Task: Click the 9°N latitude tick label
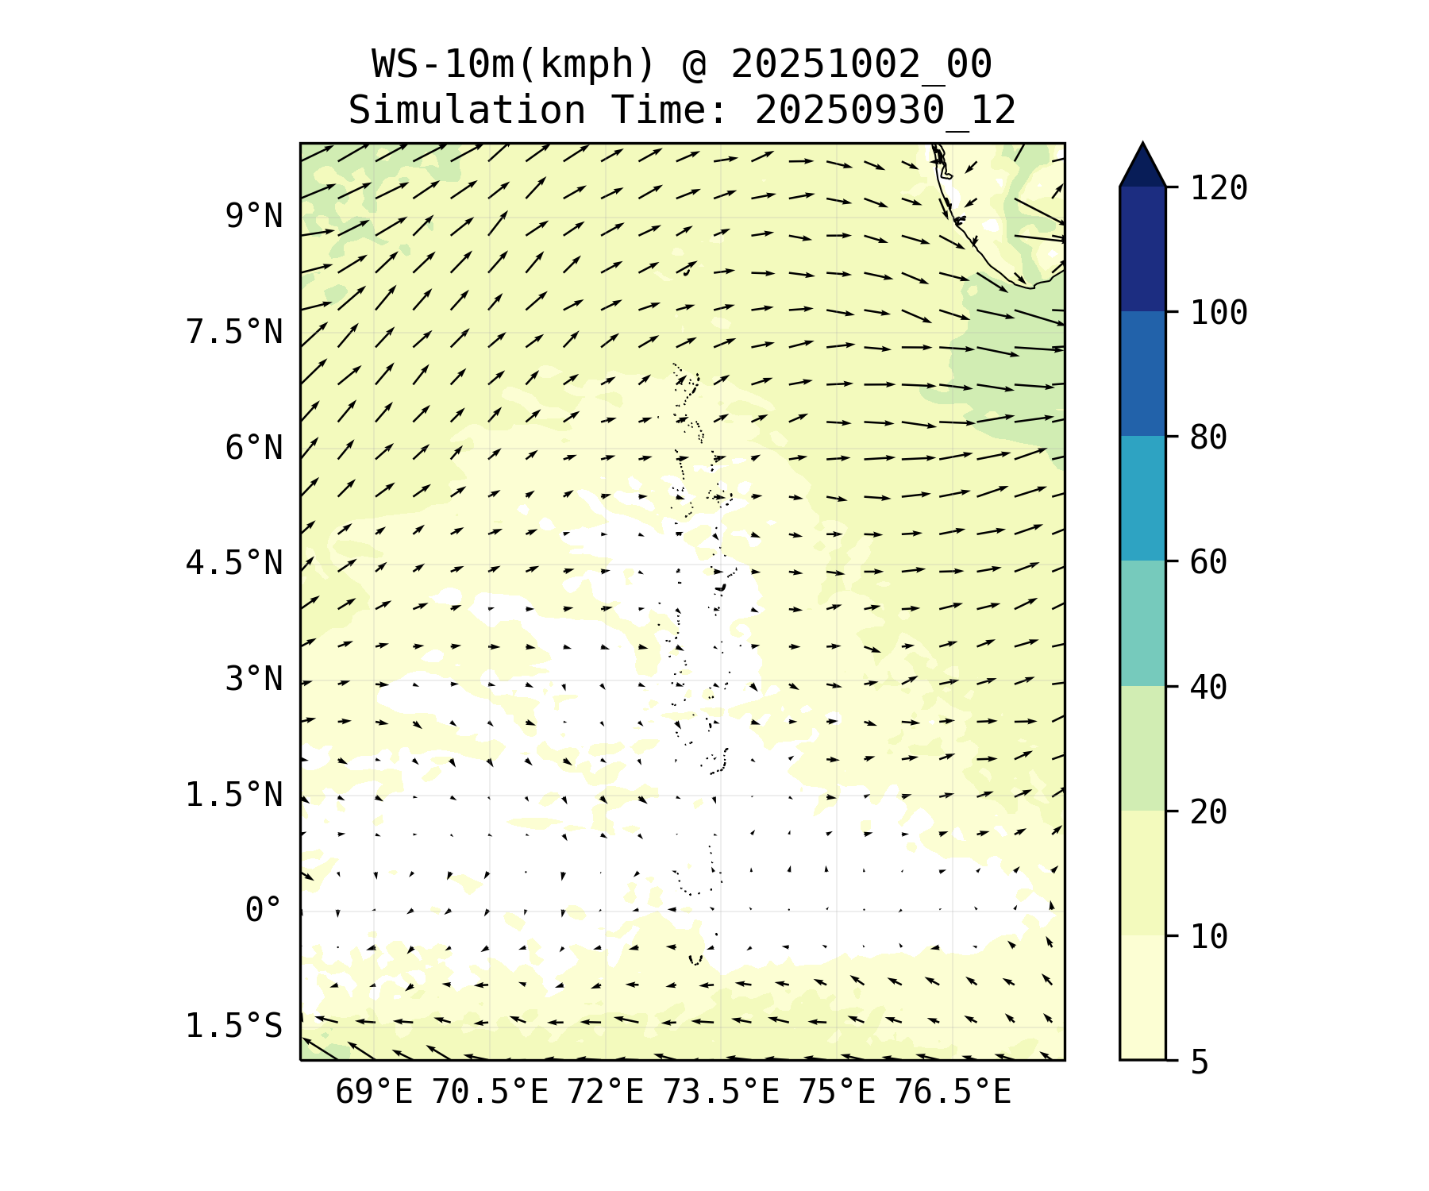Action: coord(253,216)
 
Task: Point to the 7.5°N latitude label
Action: coord(233,332)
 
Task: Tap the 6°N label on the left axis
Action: coord(253,448)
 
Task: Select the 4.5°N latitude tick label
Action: coord(233,564)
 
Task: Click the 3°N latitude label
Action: coord(253,680)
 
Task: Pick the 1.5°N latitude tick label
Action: coord(233,795)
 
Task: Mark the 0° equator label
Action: coord(263,910)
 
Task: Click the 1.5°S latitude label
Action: coord(233,1026)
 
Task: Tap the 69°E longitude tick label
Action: coord(374,1093)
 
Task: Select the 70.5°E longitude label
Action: coord(490,1093)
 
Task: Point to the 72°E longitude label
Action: coord(605,1093)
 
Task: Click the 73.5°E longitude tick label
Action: coord(721,1093)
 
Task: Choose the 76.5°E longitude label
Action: coord(953,1093)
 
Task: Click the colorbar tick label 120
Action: coord(1219,189)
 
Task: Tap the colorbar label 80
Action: coord(1208,437)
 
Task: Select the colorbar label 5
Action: coord(1199,1062)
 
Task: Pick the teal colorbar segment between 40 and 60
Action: coord(1142,623)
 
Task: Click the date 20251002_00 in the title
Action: coord(861,64)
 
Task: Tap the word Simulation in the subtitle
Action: coord(467,110)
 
